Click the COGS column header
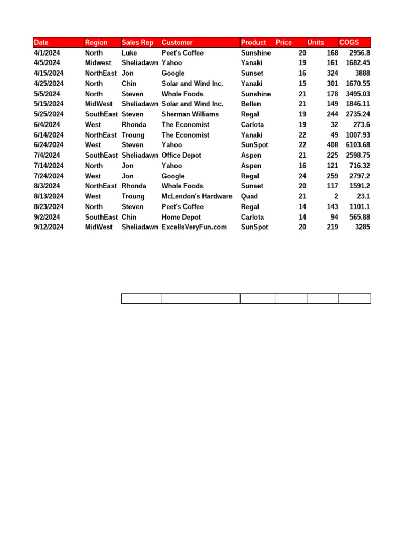tap(349, 42)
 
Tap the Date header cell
tap(41, 42)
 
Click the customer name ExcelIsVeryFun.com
tap(194, 227)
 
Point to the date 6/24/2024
tap(49, 145)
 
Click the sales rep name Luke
tap(129, 53)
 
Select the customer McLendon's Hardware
tap(197, 196)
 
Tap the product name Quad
tap(250, 196)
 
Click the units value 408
tap(331, 145)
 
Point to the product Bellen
tap(251, 104)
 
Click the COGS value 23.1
tap(362, 196)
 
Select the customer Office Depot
tap(181, 155)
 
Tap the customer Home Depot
tap(181, 217)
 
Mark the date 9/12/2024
tap(49, 227)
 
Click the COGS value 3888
tap(362, 73)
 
